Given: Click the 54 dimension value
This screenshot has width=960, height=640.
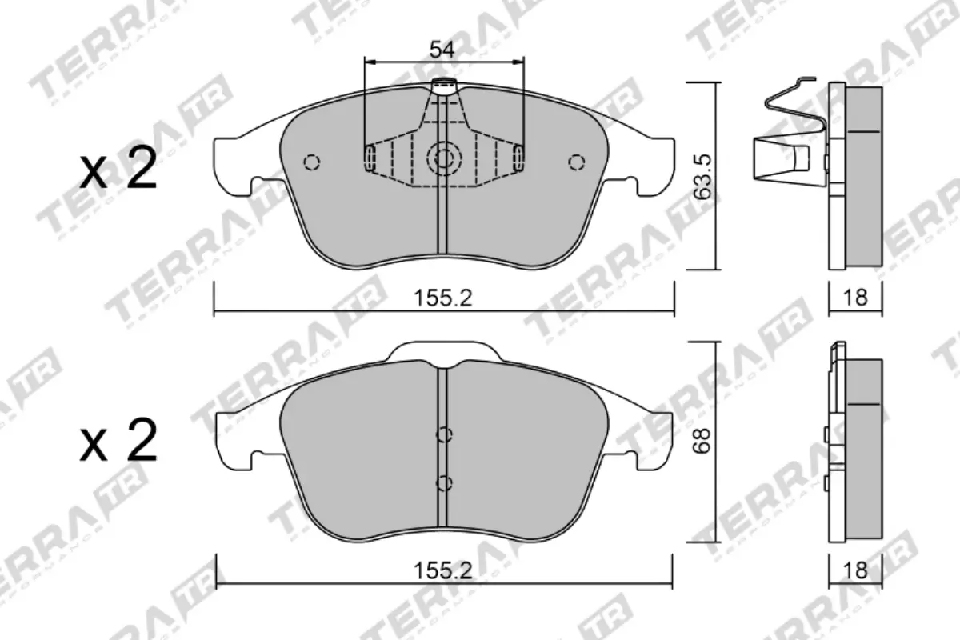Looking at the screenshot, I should point(442,50).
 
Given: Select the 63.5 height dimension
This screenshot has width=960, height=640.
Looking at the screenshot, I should point(702,177).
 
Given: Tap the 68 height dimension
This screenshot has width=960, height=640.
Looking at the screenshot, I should point(702,441).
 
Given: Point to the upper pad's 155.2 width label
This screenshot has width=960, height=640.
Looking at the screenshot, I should point(442,298).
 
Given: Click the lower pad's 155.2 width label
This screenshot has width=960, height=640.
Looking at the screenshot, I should point(442,570).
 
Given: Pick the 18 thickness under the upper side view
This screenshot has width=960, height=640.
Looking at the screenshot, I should point(855,298).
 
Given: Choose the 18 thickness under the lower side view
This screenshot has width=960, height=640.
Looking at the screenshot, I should point(855,570).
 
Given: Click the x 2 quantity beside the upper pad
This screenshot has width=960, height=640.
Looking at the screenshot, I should point(118,171).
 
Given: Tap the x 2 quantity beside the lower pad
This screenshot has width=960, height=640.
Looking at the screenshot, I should point(118,443).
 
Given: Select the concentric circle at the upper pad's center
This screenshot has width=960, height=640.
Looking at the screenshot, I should point(442,158).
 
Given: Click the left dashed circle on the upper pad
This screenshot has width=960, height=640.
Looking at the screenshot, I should point(312,162).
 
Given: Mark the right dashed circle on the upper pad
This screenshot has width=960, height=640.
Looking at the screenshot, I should point(575,162).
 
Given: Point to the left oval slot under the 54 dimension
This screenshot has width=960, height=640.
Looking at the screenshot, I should point(369,158).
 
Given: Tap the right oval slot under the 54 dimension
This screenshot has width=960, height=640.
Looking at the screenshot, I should point(518,158).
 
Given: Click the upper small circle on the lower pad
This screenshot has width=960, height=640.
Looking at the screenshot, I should point(445,435).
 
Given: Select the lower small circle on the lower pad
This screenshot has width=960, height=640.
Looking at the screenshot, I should point(445,482).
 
